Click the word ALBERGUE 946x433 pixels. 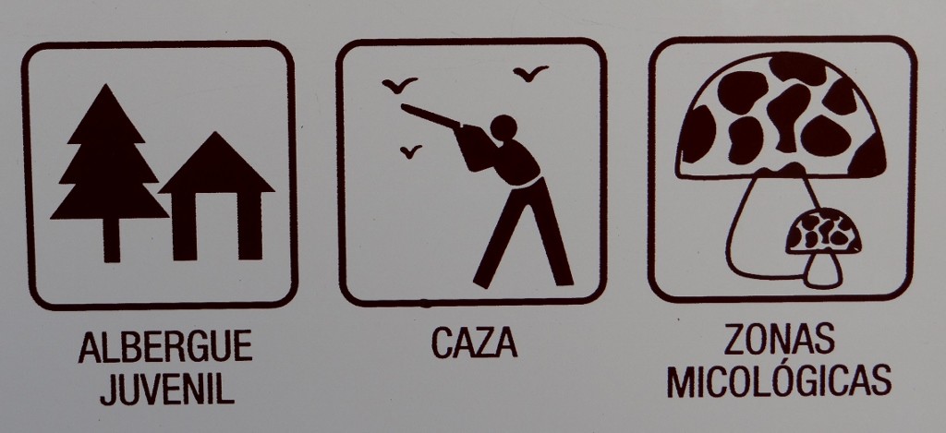coord(165,347)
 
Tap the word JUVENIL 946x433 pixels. coord(167,389)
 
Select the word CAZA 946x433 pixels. coord(474,343)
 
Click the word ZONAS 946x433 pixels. coord(780,339)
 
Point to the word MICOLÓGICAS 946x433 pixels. coord(780,381)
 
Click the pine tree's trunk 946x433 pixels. coord(111,240)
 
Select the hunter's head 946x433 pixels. coord(503,127)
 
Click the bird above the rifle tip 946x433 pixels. coord(399,84)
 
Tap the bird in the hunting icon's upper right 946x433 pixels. coord(530,72)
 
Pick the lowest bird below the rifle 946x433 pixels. coord(411,151)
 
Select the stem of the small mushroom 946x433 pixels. coord(823,269)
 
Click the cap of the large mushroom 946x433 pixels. coord(782,114)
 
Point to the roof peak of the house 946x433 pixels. coord(216,133)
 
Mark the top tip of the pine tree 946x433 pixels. coord(106,84)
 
